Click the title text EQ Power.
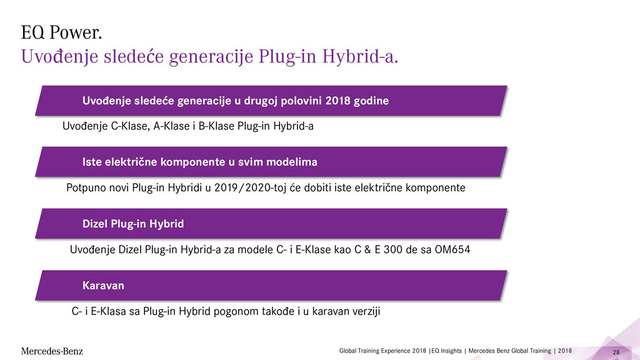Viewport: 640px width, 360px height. click(61, 32)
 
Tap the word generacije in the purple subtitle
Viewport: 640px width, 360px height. click(211, 57)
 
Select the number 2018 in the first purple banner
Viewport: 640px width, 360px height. click(337, 101)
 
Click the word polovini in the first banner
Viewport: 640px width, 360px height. click(301, 101)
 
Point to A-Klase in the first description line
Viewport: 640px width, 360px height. click(171, 126)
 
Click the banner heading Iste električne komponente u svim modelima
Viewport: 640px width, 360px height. click(199, 162)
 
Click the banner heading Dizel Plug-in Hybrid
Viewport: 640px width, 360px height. click(133, 224)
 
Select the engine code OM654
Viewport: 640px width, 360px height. click(452, 249)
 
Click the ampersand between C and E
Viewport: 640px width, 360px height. click(367, 249)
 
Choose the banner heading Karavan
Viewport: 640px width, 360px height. click(103, 285)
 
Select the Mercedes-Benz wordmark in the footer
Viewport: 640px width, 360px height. click(52, 351)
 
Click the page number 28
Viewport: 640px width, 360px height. click(616, 352)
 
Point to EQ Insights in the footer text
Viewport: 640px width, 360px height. click(446, 351)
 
